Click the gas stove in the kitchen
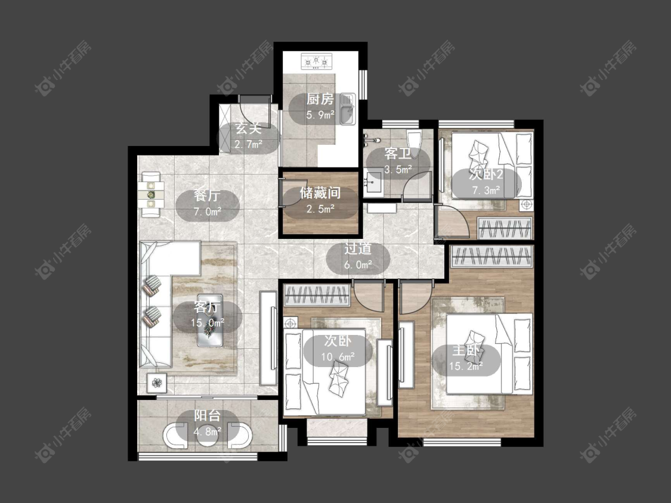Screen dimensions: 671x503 pos(317,61)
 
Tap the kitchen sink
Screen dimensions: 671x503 pos(348,109)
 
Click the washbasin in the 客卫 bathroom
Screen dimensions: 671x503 pos(373,182)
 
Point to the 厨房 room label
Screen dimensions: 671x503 pos(320,100)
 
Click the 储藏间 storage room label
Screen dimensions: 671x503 pos(320,193)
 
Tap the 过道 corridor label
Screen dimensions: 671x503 pos(358,249)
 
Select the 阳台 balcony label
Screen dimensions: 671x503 pos(208,415)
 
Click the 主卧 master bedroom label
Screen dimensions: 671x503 pos(466,350)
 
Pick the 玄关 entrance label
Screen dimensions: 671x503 pos(249,128)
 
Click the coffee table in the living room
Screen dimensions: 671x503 pos(210,320)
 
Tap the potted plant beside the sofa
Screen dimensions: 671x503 pos(157,383)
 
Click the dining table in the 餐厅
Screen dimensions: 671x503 pos(151,195)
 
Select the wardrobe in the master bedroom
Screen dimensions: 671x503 pos(491,256)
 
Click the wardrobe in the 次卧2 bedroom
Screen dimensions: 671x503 pos(505,228)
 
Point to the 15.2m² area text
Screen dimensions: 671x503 pos(466,366)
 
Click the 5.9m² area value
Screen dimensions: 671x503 pos(320,114)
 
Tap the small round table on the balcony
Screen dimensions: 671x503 pos(208,435)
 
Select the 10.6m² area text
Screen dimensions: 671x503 pos(338,356)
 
